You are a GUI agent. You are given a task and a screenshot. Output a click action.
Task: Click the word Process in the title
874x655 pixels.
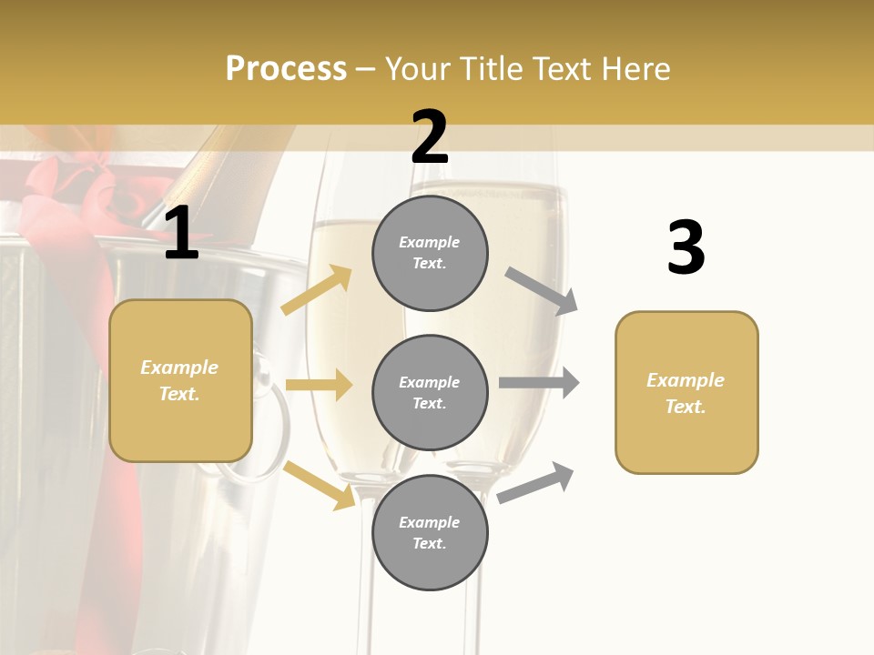tap(286, 68)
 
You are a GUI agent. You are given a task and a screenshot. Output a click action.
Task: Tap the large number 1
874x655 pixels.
tap(181, 235)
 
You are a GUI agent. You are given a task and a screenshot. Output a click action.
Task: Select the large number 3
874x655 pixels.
tap(686, 247)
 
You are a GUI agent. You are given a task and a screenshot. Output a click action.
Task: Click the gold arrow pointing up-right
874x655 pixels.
tap(317, 289)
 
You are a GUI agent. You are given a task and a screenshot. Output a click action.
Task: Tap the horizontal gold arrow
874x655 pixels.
tap(319, 385)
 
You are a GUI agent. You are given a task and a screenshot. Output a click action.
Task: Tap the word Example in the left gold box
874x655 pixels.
tap(179, 368)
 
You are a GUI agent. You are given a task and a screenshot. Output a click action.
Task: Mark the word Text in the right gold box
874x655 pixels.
tap(685, 407)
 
